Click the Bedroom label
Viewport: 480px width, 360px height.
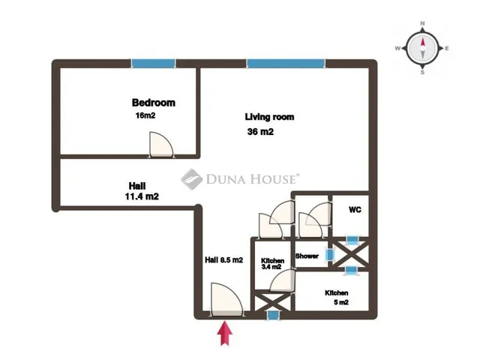(x=153, y=103)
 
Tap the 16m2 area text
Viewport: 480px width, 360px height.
(x=145, y=115)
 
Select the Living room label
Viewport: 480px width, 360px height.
(x=269, y=117)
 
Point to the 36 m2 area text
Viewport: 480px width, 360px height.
(x=260, y=132)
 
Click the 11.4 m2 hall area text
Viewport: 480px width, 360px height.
(x=142, y=196)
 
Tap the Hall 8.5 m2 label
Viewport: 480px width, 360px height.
(x=223, y=260)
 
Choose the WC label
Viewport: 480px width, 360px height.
(x=355, y=210)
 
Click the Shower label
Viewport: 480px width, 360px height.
(x=307, y=256)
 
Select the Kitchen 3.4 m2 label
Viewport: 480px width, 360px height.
(x=272, y=263)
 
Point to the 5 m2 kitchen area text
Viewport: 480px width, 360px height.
(x=341, y=302)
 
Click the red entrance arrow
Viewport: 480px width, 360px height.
(x=225, y=333)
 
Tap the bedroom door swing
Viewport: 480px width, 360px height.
(x=161, y=145)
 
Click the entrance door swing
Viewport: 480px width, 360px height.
(x=226, y=298)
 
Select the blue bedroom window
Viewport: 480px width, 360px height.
(x=153, y=63)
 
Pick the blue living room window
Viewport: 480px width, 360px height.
(x=286, y=63)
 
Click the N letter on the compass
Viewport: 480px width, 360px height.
(x=422, y=23)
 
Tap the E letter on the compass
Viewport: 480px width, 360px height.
(x=447, y=48)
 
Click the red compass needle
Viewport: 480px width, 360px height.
(x=423, y=43)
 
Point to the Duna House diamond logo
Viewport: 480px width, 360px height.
(x=192, y=179)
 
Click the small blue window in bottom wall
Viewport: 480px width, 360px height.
(x=273, y=315)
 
